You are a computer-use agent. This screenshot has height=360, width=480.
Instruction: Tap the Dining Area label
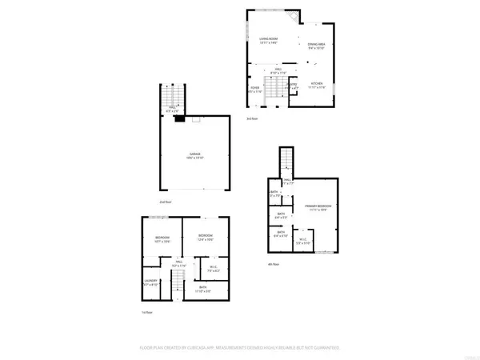point(317,46)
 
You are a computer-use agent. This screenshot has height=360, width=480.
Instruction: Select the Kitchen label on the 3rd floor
point(316,86)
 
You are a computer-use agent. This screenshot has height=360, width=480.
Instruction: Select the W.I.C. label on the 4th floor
point(302,242)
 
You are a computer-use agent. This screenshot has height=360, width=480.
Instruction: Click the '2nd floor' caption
point(166,202)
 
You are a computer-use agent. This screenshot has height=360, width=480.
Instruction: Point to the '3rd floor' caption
point(252,119)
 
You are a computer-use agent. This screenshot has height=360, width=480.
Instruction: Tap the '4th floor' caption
point(272,264)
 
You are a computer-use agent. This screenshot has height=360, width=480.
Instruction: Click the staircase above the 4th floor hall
point(283,162)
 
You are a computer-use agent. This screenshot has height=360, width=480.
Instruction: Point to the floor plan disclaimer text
point(239,348)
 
